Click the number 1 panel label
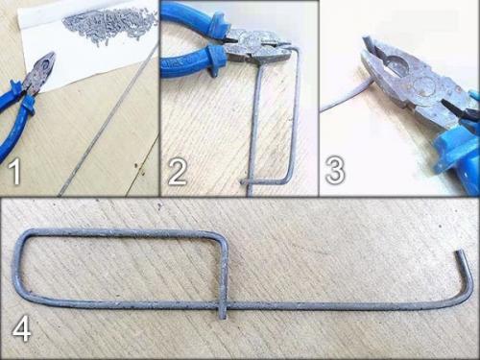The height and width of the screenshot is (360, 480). click(14, 173)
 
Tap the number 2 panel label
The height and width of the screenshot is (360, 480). click(177, 172)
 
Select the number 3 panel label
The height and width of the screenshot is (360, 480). click(335, 169)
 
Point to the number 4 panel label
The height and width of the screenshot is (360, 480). click(22, 328)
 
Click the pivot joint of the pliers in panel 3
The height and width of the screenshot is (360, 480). click(424, 86)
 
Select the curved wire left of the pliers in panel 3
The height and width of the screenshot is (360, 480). click(346, 96)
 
